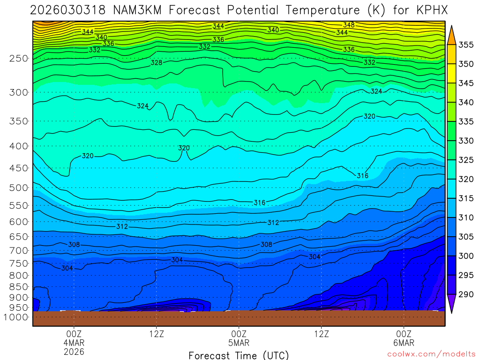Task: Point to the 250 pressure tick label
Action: tap(19, 59)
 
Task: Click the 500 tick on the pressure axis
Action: tap(19, 188)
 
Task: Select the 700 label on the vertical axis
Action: tap(19, 250)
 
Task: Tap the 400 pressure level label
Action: tap(19, 146)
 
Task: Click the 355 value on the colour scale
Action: tap(466, 45)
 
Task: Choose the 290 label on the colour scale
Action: tap(466, 295)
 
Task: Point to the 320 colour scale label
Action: tap(466, 180)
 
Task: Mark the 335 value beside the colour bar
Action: tap(466, 122)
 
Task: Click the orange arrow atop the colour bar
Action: tap(451, 35)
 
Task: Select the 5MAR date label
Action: tap(239, 343)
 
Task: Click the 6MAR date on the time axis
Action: tap(404, 343)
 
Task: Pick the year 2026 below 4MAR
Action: tap(74, 351)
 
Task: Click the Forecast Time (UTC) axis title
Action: tap(239, 355)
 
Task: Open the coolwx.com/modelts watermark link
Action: tap(431, 354)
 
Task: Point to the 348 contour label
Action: tap(349, 25)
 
